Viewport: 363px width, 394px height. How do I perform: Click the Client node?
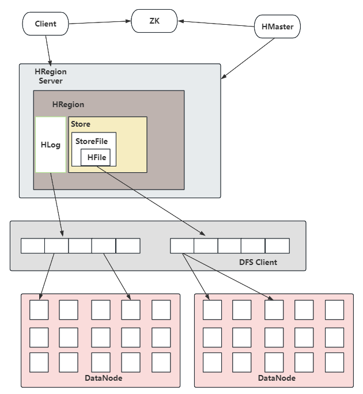click(x=46, y=24)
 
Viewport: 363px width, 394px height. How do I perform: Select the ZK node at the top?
click(x=154, y=20)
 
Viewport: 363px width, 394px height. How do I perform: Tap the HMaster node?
click(x=277, y=26)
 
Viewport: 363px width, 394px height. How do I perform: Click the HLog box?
click(x=51, y=145)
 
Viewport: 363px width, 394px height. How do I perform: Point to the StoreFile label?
click(x=92, y=141)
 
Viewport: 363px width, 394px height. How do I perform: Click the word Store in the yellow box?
click(x=81, y=124)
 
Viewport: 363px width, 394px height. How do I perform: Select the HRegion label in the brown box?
click(x=68, y=104)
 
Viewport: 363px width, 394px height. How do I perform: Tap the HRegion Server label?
click(x=51, y=76)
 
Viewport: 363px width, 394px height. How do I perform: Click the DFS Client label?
click(x=258, y=262)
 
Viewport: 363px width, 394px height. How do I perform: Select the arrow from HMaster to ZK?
click(x=216, y=24)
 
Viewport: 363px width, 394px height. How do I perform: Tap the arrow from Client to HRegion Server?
click(x=48, y=49)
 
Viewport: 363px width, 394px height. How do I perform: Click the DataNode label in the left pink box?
click(x=103, y=378)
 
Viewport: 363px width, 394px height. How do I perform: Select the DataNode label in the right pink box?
click(x=277, y=378)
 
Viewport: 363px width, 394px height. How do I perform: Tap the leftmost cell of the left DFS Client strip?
click(x=33, y=246)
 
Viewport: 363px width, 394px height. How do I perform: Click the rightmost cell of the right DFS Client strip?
click(x=277, y=246)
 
